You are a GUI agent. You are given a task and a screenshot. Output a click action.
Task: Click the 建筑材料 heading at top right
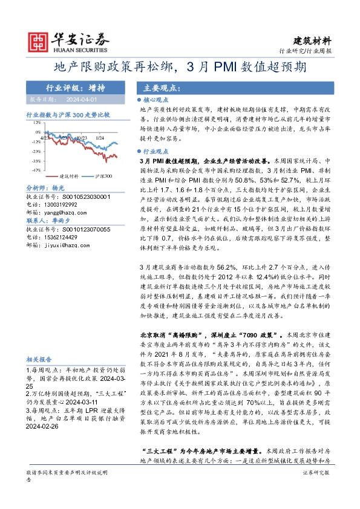coord(312,41)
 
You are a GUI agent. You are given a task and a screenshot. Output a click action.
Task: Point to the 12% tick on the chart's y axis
coord(37,122)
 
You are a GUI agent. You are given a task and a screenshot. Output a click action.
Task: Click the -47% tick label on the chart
coord(36,170)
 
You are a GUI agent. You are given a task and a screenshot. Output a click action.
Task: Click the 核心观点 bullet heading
coord(155,99)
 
